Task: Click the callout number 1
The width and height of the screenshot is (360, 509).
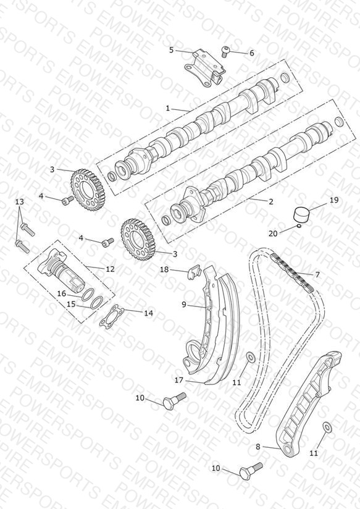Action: click(167, 108)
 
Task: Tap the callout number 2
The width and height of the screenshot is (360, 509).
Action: click(271, 201)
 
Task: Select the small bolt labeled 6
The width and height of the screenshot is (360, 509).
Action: click(224, 51)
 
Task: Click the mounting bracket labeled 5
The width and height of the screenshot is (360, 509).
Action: click(204, 67)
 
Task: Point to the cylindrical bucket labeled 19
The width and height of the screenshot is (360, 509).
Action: click(301, 214)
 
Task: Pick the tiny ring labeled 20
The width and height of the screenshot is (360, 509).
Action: click(299, 225)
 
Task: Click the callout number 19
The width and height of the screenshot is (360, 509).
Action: click(334, 200)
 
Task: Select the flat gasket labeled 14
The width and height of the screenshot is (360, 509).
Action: click(111, 316)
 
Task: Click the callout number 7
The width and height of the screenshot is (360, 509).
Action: click(317, 275)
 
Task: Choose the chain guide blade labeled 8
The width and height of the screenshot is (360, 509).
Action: click(308, 403)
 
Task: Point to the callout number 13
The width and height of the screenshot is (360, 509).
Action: click(20, 201)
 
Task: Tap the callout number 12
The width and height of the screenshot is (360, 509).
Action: click(110, 269)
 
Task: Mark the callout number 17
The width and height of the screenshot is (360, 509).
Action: click(179, 380)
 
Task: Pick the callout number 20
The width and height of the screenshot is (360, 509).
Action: click(273, 233)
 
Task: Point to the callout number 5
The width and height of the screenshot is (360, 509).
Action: click(172, 49)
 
